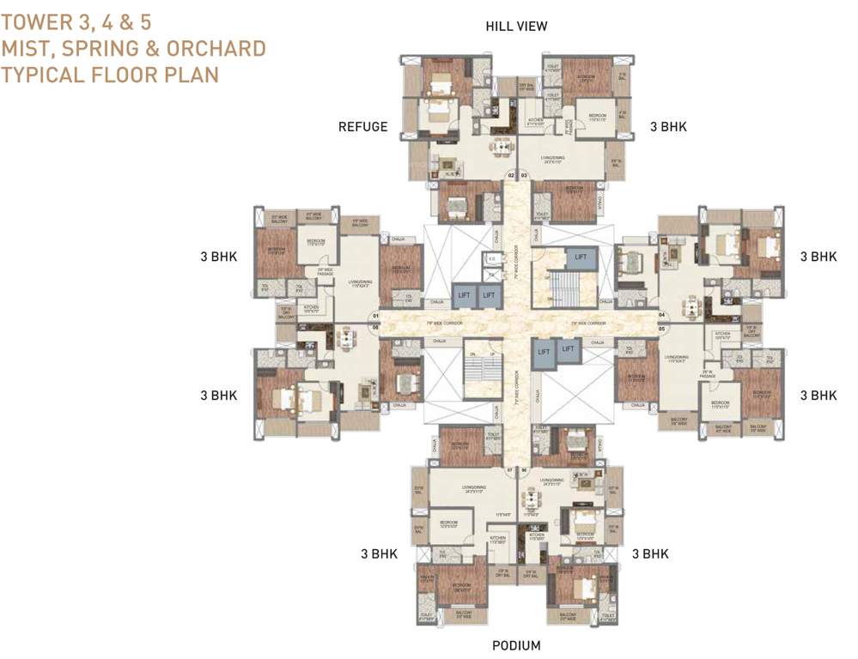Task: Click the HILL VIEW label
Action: click(516, 27)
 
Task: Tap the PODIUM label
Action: click(515, 645)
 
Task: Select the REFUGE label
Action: click(362, 127)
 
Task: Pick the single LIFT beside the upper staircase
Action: click(581, 257)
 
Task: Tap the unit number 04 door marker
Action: click(662, 315)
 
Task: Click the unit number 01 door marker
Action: click(374, 315)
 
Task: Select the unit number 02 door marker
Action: click(511, 175)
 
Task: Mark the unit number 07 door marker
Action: click(510, 470)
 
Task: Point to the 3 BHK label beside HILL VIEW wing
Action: click(667, 127)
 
